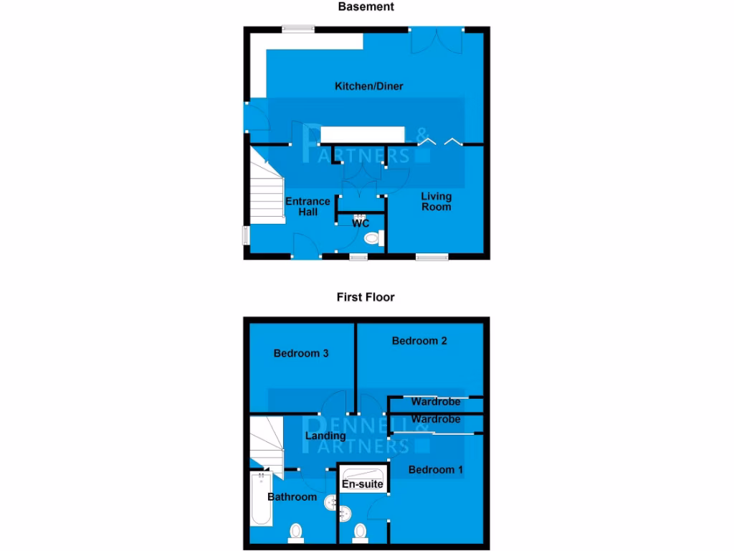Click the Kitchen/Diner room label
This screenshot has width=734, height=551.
pos(369,86)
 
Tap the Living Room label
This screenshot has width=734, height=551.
pos(436,202)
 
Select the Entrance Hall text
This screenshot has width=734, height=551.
pos(308,207)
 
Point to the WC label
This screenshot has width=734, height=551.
pos(361,224)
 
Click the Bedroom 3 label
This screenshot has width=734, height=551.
pos(301,353)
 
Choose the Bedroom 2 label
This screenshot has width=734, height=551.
pos(419,341)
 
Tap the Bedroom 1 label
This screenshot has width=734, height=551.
pos(436,469)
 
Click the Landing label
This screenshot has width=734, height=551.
pos(325,435)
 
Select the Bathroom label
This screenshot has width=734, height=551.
pos(292,496)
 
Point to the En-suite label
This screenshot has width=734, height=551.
pos(363,486)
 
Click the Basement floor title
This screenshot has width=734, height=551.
pos(366,6)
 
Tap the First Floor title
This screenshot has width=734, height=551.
pos(366,296)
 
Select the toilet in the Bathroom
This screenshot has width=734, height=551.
pos(295,532)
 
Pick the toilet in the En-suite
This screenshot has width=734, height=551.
pos(360,532)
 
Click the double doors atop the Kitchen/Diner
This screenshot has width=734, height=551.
pos(437,40)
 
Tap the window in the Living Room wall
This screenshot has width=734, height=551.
pos(432,256)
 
